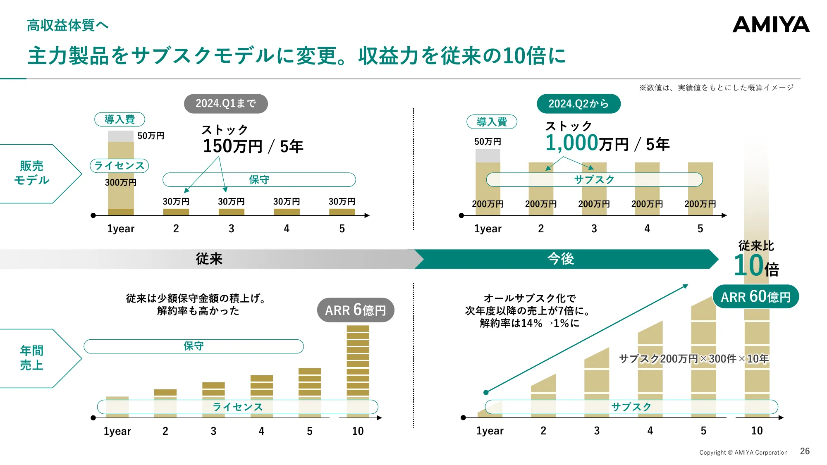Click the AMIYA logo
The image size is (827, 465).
[x=771, y=25]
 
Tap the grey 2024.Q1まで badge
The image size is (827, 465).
[x=226, y=103]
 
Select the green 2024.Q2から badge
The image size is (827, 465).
[x=578, y=104]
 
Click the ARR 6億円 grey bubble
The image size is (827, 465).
[x=355, y=310]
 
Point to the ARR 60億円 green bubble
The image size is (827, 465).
[x=755, y=297]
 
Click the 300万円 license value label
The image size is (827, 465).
[x=120, y=182]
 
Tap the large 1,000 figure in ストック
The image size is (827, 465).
[x=571, y=143]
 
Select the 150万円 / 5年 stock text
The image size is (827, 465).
[x=253, y=146]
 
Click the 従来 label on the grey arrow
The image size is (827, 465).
[x=209, y=259]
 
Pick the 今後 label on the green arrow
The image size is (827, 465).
[x=560, y=259]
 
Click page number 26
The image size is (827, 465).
[x=804, y=451]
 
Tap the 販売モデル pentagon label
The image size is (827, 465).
[x=32, y=173]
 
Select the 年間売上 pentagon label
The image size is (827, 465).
[x=32, y=358]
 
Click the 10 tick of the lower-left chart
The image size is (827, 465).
[x=358, y=431]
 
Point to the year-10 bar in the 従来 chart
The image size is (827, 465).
[x=358, y=364]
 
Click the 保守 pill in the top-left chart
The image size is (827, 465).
[x=259, y=180]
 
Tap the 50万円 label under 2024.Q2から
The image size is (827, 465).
[x=488, y=142]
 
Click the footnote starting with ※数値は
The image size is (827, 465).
[x=716, y=88]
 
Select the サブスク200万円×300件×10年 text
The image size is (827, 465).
[x=693, y=359]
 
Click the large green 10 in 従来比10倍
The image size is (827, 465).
[x=748, y=265]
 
